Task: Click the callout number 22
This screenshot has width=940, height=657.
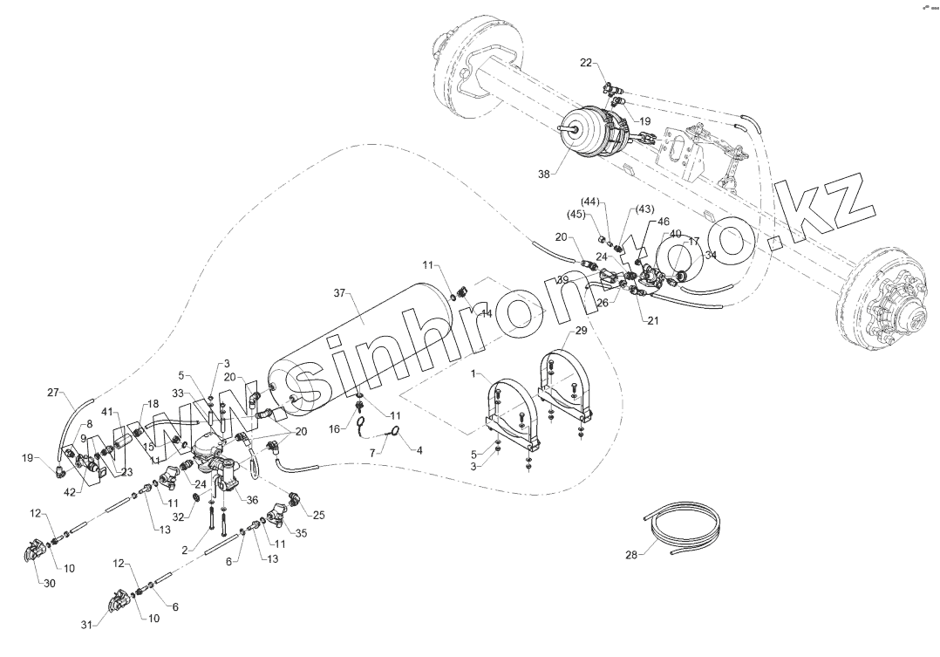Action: pyautogui.click(x=585, y=62)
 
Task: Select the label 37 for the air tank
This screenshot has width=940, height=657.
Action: pyautogui.click(x=340, y=294)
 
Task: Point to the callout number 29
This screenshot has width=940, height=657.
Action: pyautogui.click(x=581, y=332)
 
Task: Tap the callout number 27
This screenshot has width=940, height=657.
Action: pyautogui.click(x=53, y=393)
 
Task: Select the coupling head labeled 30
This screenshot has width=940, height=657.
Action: pyautogui.click(x=36, y=554)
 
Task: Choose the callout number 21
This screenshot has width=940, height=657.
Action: pyautogui.click(x=653, y=320)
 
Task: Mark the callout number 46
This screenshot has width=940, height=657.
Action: pyautogui.click(x=664, y=222)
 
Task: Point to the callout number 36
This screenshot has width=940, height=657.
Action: pyautogui.click(x=254, y=500)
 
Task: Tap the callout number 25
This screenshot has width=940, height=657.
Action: pyautogui.click(x=318, y=515)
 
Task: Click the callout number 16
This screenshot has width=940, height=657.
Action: pyautogui.click(x=334, y=429)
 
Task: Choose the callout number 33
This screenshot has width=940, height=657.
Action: pyautogui.click(x=201, y=394)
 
